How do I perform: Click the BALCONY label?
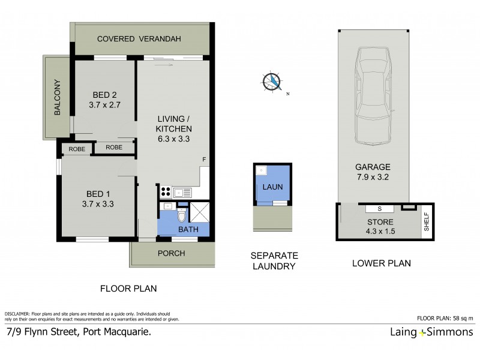pos(58,97)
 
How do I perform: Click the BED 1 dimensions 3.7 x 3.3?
pos(100,203)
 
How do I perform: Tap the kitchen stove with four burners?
pos(165,193)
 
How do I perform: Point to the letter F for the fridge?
pos(204,160)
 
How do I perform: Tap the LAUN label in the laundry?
pos(273,187)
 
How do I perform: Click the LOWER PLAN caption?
pos(376,263)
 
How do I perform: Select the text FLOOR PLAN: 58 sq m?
pos(445,318)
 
